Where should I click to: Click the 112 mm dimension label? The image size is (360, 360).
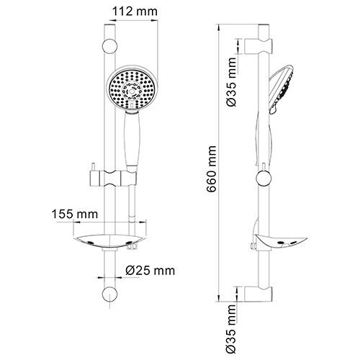coord(132,11)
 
